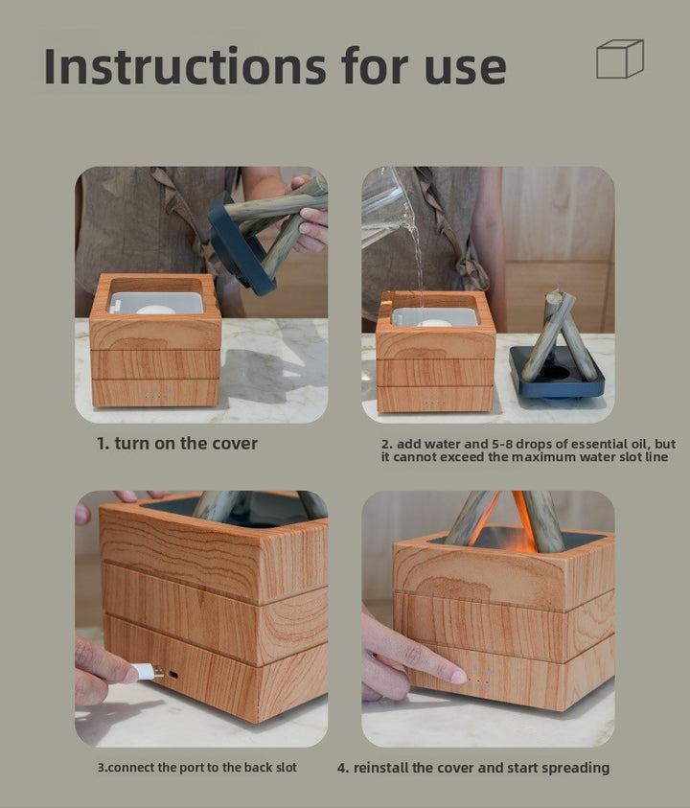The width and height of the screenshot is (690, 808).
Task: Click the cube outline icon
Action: click(620, 58)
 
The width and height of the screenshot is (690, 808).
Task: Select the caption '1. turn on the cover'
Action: click(176, 443)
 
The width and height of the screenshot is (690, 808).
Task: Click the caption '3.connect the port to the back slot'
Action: click(197, 768)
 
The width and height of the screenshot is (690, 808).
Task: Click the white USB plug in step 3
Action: click(149, 672)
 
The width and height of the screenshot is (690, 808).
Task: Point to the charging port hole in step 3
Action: click(173, 675)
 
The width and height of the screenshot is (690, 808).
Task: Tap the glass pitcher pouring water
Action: click(385, 206)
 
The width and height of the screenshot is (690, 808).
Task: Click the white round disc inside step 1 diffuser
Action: click(155, 310)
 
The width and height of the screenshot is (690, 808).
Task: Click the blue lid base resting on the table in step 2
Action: click(557, 373)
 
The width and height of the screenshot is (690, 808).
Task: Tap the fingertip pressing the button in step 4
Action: click(457, 676)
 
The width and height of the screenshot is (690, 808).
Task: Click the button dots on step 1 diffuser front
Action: click(155, 395)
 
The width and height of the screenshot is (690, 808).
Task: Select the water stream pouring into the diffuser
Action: click(419, 268)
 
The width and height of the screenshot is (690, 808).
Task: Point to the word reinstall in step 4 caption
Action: click(379, 768)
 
